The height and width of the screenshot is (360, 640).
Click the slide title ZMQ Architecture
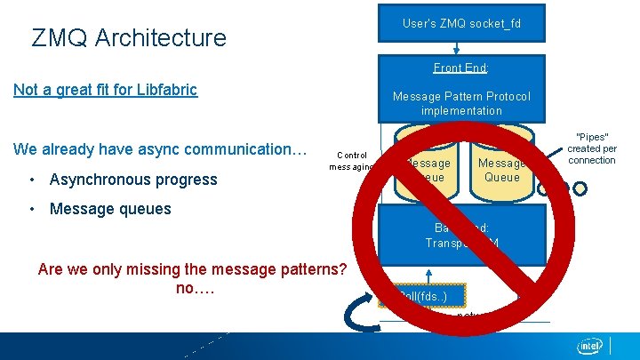pyautogui.click(x=129, y=38)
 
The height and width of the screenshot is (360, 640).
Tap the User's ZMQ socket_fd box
pyautogui.click(x=461, y=23)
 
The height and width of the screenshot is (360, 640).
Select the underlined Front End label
pyautogui.click(x=461, y=68)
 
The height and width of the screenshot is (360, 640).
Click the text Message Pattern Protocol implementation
pyautogui.click(x=461, y=103)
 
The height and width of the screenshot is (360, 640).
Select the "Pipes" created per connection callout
pyautogui.click(x=592, y=148)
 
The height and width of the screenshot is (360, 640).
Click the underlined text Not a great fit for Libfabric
pyautogui.click(x=105, y=90)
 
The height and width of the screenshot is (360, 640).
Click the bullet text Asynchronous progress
pyautogui.click(x=133, y=180)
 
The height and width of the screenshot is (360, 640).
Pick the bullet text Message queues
pyautogui.click(x=110, y=209)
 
